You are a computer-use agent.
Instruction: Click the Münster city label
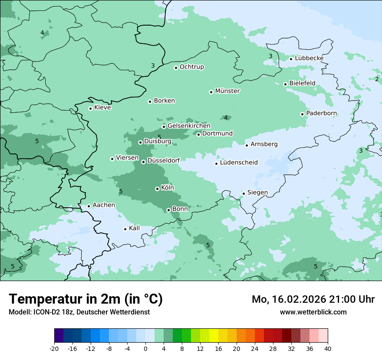[227, 91]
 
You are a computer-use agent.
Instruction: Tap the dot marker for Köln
[157, 189]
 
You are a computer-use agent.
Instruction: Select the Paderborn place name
[321, 113]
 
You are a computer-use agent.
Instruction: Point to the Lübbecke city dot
[291, 59]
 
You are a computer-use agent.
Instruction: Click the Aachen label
[104, 205]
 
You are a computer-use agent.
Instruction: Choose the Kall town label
[134, 228]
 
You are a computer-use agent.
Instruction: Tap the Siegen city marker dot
[244, 193]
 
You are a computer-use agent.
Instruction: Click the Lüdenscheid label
[239, 163]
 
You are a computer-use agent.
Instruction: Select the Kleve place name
[102, 108]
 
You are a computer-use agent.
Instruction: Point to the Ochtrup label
[191, 67]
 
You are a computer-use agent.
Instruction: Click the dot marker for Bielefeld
[286, 84]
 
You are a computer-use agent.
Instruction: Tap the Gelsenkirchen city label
[189, 126]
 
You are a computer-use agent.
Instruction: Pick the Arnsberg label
[264, 144]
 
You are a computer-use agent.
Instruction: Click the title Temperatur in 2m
[86, 299]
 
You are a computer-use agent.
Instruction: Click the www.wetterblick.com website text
[313, 312]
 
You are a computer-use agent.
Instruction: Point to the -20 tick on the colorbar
[54, 349]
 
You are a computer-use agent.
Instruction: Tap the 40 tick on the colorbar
[328, 349]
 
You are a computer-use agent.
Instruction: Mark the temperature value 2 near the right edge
[377, 79]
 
